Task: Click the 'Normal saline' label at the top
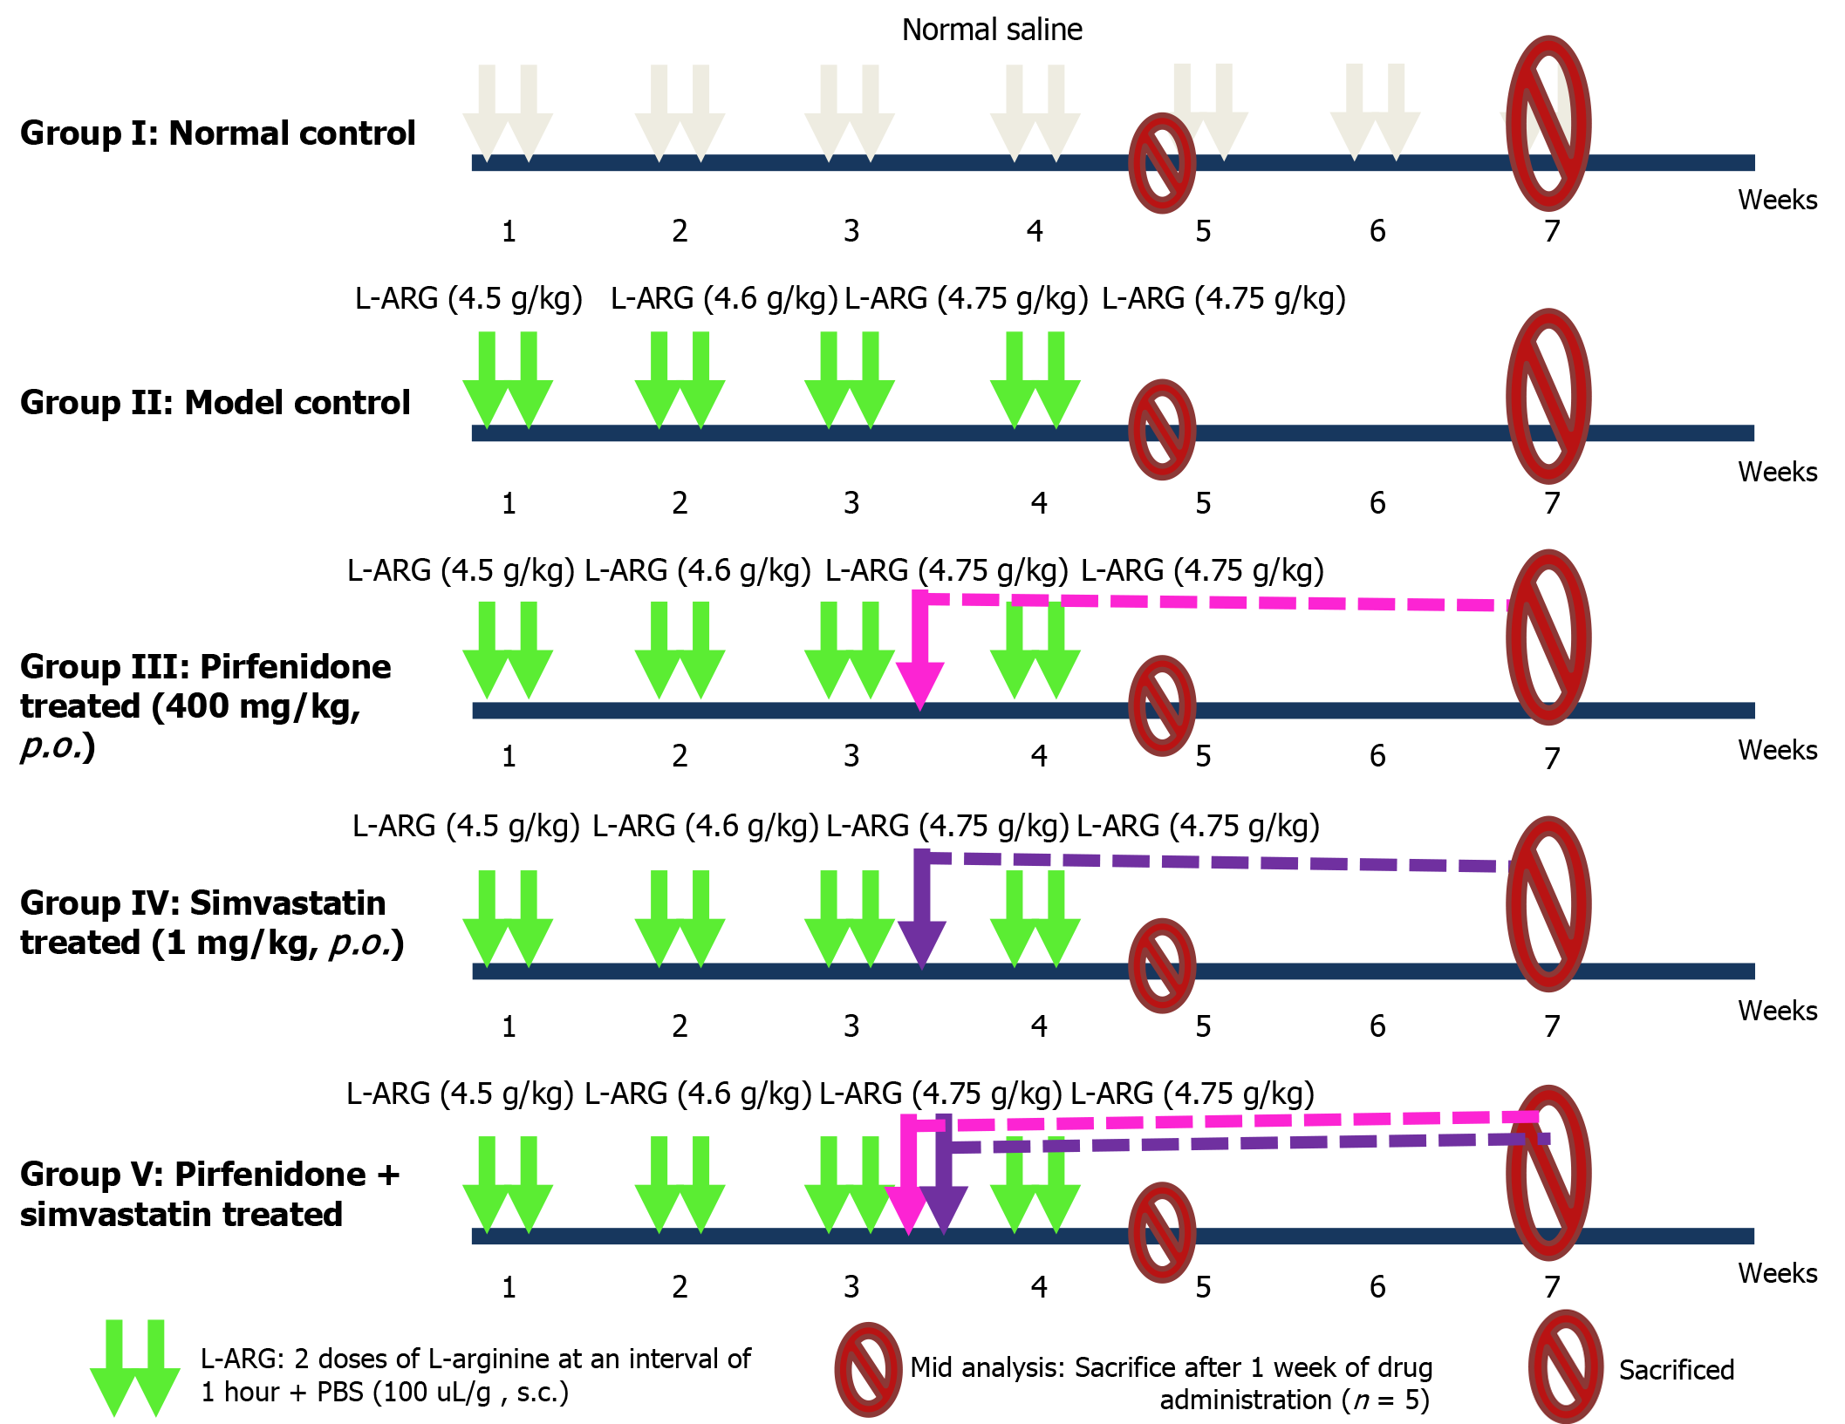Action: tap(991, 31)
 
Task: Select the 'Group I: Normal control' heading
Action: tap(217, 133)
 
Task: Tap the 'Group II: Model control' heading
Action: tap(215, 403)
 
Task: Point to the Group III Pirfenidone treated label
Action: tap(205, 705)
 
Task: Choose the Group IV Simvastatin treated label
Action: tap(212, 923)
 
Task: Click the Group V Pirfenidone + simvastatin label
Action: tap(209, 1194)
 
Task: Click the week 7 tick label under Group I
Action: tap(1552, 231)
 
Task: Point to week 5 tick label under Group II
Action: tap(1203, 503)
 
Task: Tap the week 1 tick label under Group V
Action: tap(509, 1287)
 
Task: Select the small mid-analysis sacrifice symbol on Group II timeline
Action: tap(1162, 430)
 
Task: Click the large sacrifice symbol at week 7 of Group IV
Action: tap(1548, 903)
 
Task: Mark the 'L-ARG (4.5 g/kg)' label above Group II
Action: tap(468, 299)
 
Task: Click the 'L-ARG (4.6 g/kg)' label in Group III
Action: tap(698, 571)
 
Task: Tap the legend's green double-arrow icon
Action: tap(135, 1367)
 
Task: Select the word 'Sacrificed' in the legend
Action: tap(1676, 1370)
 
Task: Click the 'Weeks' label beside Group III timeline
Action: tap(1777, 750)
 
